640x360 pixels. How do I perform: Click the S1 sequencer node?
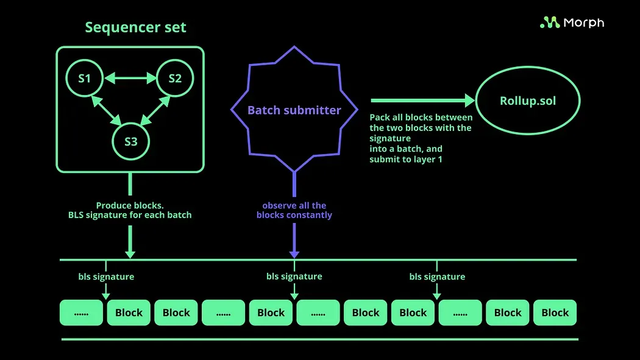click(85, 78)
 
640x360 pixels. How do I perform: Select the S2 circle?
click(175, 78)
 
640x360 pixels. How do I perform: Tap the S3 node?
click(130, 141)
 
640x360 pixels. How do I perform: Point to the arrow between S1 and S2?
click(130, 78)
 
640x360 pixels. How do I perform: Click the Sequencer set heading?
click(135, 27)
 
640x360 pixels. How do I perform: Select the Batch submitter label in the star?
click(294, 110)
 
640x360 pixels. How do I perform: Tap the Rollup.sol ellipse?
click(528, 101)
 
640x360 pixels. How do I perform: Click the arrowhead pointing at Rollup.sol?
click(469, 101)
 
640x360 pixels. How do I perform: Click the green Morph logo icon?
click(550, 23)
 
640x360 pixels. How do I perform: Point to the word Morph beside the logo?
click(583, 23)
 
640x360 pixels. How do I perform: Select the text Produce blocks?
click(130, 206)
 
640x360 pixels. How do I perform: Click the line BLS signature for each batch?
click(130, 215)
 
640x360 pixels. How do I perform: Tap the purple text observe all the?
click(294, 206)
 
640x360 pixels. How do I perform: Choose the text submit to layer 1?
click(406, 160)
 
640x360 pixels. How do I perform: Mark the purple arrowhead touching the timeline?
click(294, 253)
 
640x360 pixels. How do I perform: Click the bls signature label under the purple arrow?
click(294, 277)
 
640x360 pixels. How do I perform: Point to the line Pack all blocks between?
click(421, 117)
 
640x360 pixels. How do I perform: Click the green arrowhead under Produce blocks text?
click(130, 253)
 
